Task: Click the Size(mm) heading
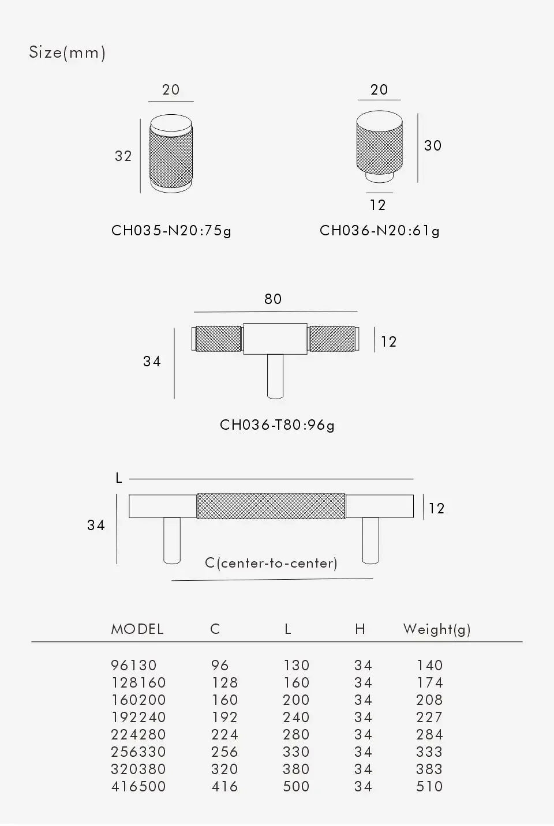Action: (67, 52)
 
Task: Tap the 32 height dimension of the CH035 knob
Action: (123, 156)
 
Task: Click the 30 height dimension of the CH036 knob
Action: (433, 146)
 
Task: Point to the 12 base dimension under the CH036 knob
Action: (377, 205)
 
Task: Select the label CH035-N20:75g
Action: (171, 231)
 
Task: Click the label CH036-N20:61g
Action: (380, 231)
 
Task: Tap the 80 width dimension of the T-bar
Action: (273, 299)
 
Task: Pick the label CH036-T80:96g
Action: (277, 425)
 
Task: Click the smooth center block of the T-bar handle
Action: (275, 339)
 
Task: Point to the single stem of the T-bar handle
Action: (275, 377)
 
